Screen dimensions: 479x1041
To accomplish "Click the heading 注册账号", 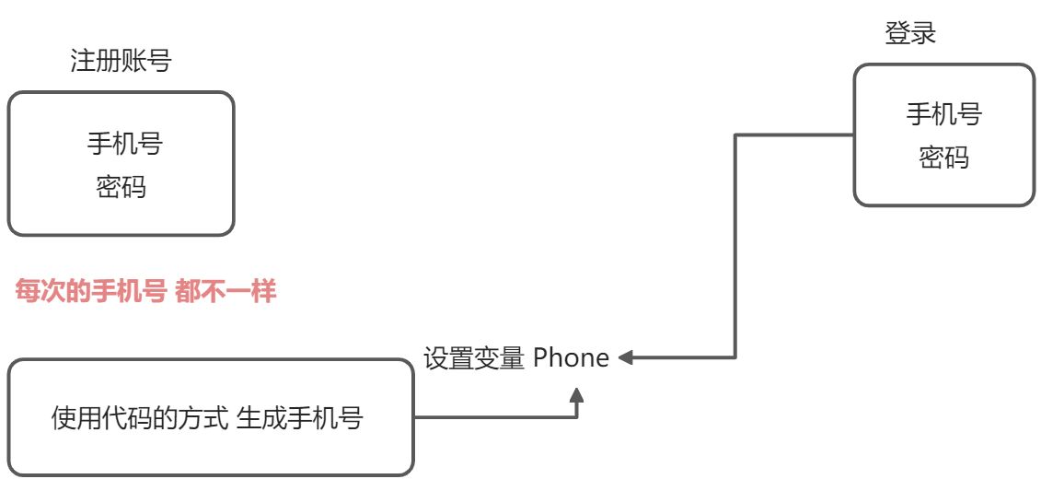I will (121, 62).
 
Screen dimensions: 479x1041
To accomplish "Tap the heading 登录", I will (909, 34).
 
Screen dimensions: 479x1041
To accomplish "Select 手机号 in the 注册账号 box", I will (126, 145).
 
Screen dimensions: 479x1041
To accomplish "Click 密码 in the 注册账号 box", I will (121, 188).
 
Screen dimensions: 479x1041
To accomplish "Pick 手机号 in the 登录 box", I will (943, 115).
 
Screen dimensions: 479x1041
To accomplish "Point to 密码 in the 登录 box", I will (943, 158).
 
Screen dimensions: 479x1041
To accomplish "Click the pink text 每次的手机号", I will (90, 294).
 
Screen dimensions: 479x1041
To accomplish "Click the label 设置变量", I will (473, 357).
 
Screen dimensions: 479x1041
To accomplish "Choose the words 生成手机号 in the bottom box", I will (300, 419).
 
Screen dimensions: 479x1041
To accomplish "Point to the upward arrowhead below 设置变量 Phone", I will (577, 396).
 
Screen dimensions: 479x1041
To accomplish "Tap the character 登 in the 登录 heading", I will (897, 34).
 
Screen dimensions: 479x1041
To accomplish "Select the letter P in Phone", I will (540, 357).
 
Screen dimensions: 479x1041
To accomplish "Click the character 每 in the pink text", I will (28, 294).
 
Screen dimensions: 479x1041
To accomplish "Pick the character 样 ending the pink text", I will (264, 294).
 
